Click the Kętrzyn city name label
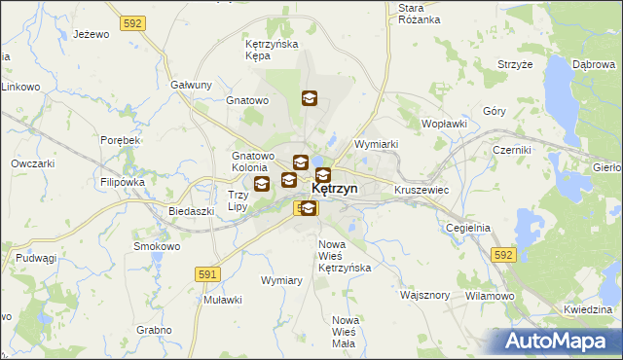point(334,190)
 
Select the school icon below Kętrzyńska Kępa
point(309,97)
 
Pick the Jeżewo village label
point(90,34)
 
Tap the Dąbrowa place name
point(596,63)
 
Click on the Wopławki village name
point(445,125)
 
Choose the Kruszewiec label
point(421,190)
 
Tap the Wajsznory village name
point(424,294)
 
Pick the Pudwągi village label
point(34,258)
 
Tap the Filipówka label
point(122,182)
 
